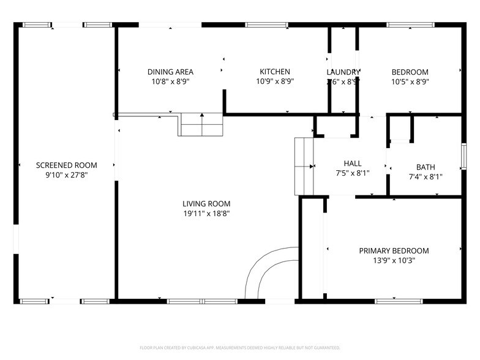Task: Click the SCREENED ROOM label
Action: point(66,165)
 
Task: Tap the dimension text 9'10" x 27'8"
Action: point(66,174)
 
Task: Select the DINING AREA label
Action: point(170,72)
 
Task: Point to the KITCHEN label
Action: point(275,72)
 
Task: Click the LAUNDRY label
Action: point(343,72)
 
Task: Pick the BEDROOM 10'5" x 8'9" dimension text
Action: point(410,81)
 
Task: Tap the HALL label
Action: point(353,163)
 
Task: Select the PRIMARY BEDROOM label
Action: point(394,250)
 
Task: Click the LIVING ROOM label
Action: point(206,204)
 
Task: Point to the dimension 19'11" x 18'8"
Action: point(206,214)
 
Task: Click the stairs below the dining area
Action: point(200,125)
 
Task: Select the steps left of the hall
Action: point(304,165)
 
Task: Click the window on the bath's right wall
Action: point(463,157)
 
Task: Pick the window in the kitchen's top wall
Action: point(263,25)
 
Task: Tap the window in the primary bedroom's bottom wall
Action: point(394,301)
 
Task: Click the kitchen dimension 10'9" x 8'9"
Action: point(275,81)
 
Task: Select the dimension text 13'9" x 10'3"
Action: point(394,260)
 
